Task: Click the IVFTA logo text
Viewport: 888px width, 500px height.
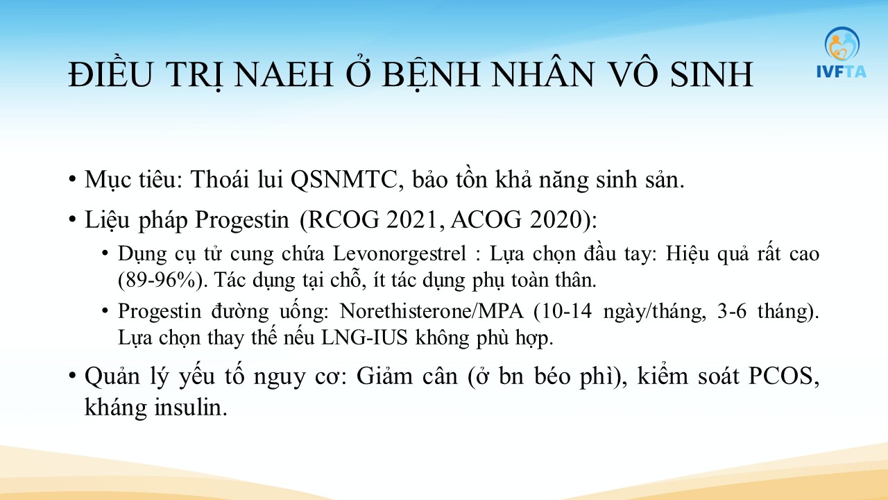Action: coord(842,72)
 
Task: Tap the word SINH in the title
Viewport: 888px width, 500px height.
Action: coord(712,74)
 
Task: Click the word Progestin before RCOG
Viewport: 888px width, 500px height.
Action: coord(242,220)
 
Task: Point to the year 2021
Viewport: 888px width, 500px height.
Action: coord(415,219)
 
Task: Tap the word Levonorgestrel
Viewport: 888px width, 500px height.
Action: coord(400,254)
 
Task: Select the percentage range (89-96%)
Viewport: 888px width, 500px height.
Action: coord(160,281)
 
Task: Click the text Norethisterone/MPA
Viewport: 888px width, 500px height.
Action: coord(432,310)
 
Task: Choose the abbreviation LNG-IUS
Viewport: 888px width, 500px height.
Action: coord(364,338)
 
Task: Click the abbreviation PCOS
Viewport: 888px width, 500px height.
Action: coord(780,376)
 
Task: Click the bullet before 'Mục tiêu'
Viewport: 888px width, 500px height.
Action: coord(71,179)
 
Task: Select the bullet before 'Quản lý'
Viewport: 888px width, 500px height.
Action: coord(71,376)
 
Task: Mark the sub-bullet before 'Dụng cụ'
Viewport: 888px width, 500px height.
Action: coord(105,253)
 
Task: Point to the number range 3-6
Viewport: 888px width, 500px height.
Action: coord(732,310)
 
